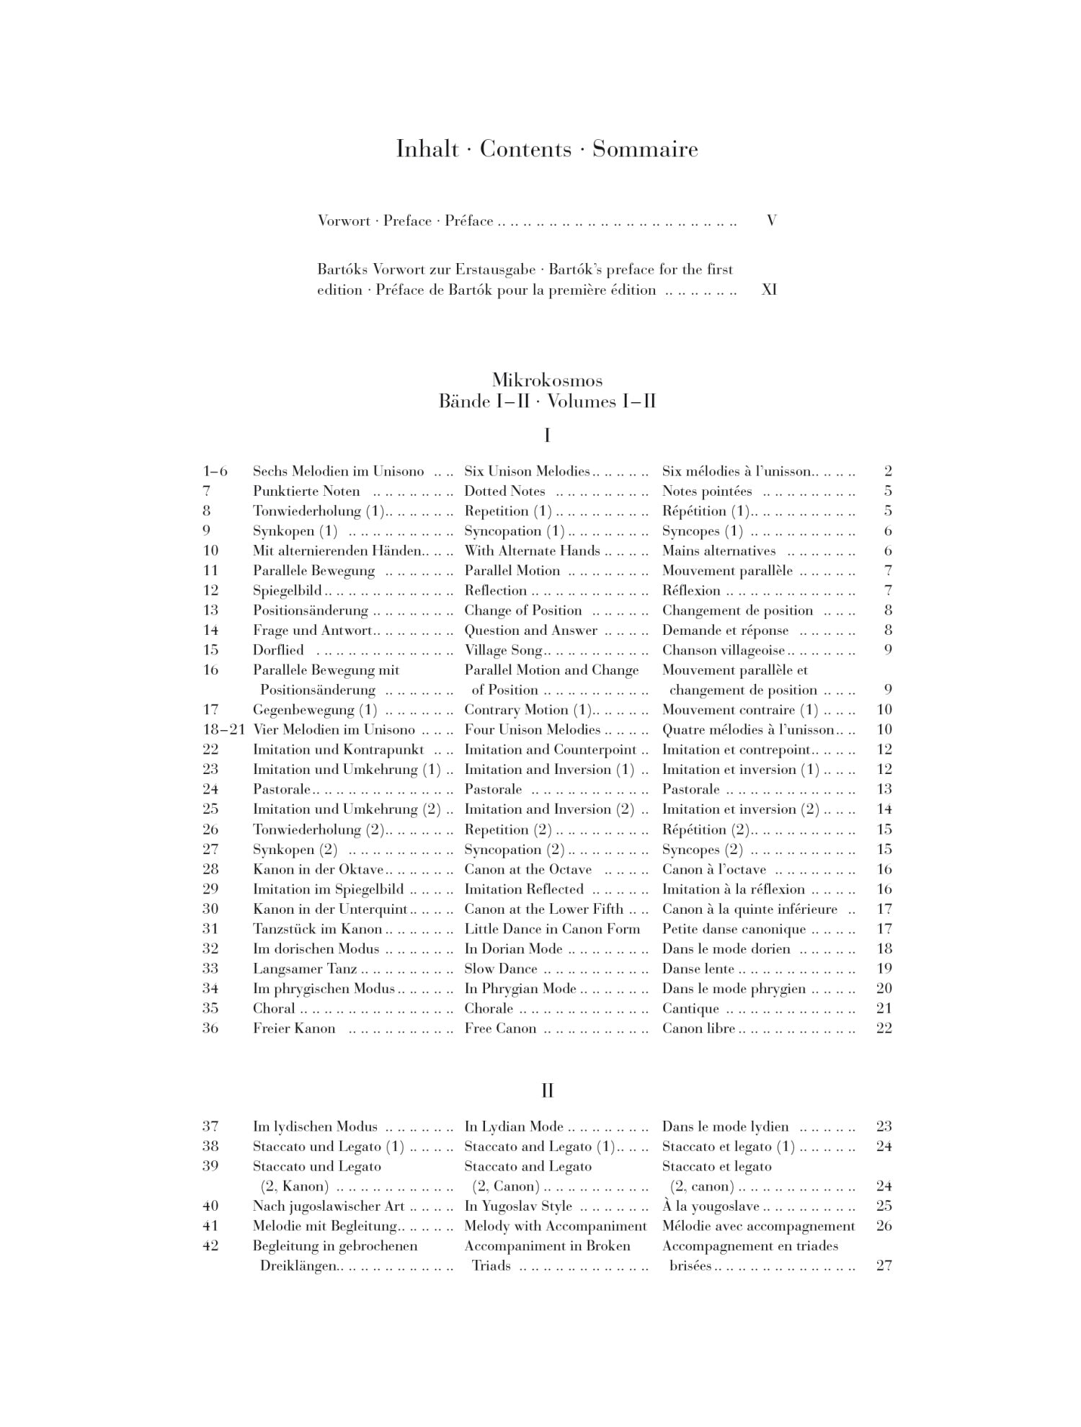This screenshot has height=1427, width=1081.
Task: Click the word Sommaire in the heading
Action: tap(645, 149)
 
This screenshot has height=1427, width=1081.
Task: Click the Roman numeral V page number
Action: tap(771, 221)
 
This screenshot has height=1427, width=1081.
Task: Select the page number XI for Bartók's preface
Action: tap(769, 290)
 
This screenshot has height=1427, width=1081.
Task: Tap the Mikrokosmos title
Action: tap(547, 380)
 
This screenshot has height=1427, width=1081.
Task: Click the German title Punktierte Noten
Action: tap(306, 492)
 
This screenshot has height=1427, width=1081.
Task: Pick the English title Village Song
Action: tap(503, 650)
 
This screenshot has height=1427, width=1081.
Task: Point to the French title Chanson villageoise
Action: tap(724, 650)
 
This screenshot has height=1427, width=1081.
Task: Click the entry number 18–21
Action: tap(223, 729)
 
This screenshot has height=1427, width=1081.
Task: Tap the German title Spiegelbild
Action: tap(287, 591)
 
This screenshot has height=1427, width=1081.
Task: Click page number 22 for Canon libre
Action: tap(884, 1028)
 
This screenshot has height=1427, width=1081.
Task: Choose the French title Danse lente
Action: tap(698, 969)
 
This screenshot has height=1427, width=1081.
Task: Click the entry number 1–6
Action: tap(215, 471)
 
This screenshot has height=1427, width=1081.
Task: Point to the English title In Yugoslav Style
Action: tap(518, 1206)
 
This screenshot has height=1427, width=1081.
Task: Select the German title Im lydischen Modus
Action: tap(315, 1126)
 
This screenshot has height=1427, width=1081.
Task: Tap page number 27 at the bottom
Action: tap(884, 1266)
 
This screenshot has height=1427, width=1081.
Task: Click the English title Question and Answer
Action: tap(530, 631)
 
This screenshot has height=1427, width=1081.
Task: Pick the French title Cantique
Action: tap(690, 1009)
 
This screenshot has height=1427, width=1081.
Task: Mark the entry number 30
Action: tap(210, 909)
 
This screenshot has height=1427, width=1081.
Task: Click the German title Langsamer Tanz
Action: tap(305, 969)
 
